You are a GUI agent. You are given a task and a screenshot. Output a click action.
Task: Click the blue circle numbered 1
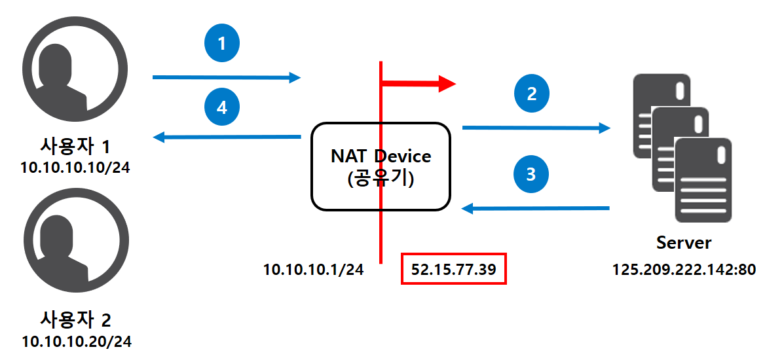point(221,45)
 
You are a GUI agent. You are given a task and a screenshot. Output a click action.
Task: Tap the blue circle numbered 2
point(532,94)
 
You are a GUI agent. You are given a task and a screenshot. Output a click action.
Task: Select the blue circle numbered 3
point(531,174)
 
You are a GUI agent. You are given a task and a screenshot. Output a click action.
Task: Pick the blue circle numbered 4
point(221,107)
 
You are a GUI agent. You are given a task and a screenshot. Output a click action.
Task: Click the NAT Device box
point(381,166)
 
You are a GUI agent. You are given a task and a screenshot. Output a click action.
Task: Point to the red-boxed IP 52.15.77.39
point(453,269)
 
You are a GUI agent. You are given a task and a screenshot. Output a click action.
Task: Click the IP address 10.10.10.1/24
point(313,269)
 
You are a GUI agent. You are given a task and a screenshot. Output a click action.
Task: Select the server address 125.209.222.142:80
point(684,269)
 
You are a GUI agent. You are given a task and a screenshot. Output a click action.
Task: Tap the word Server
point(684,243)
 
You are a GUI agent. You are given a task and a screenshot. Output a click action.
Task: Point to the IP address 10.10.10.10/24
point(75,168)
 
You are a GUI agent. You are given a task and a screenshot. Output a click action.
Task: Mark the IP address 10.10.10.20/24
point(75,342)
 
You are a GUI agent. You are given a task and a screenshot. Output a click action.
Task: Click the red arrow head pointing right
point(447,83)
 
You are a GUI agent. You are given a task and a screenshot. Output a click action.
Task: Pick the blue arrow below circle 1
point(226,77)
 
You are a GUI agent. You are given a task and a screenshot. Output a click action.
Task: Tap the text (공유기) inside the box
point(381,179)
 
